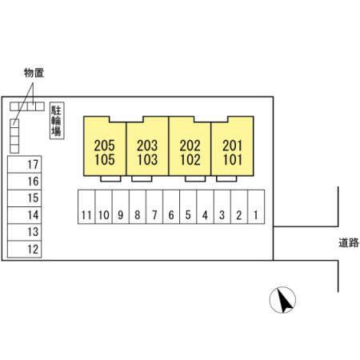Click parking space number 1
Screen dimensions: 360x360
pos(256,207)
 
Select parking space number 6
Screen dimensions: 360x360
pos(171,207)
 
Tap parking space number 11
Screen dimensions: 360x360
pos(86,207)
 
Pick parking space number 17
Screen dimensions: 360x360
pos(25,164)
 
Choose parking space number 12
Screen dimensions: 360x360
pos(25,250)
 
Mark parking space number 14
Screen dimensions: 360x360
pos(25,215)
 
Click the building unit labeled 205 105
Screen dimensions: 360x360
pos(105,146)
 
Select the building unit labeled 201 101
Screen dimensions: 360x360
pos(232,146)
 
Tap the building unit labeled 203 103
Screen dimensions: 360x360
pos(147,146)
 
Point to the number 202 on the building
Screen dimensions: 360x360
pos(190,146)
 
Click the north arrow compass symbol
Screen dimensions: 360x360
pos(282,300)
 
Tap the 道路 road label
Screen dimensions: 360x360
pos(349,242)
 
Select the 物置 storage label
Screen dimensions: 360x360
pos(34,73)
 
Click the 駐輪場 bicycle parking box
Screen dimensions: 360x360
pos(57,121)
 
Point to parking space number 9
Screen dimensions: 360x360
pos(121,207)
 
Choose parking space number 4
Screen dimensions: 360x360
pos(205,207)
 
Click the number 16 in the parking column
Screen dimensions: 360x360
pos(34,182)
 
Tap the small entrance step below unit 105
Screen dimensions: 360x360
pos(110,178)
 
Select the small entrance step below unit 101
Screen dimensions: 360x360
pos(226,178)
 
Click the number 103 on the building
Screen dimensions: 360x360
pos(147,160)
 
